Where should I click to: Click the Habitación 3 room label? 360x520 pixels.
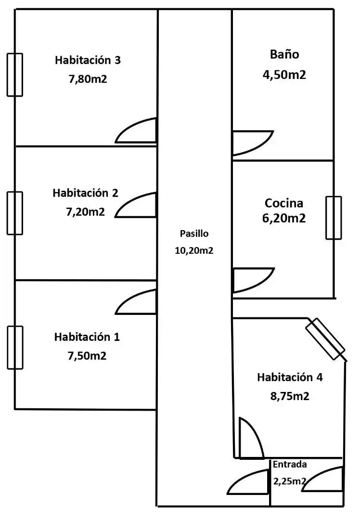(x=88, y=60)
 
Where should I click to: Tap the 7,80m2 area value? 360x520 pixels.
(x=88, y=79)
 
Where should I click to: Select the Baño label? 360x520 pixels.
(x=284, y=54)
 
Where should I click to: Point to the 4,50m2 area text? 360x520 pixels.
(x=284, y=75)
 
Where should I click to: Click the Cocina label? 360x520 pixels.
(x=284, y=203)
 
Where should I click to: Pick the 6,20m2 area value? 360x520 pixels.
(x=284, y=218)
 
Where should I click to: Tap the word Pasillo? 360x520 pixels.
(x=194, y=234)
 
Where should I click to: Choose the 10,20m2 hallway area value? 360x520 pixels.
(x=194, y=250)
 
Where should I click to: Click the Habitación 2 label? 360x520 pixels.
(x=85, y=193)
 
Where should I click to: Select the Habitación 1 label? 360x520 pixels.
(x=87, y=337)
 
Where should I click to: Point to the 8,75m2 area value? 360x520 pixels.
(x=290, y=396)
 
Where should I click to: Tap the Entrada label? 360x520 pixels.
(x=290, y=464)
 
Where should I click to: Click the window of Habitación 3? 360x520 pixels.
(x=15, y=75)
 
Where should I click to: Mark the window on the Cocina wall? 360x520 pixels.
(x=334, y=218)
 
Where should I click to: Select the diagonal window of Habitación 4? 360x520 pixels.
(x=325, y=338)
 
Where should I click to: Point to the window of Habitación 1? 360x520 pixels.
(x=15, y=348)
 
